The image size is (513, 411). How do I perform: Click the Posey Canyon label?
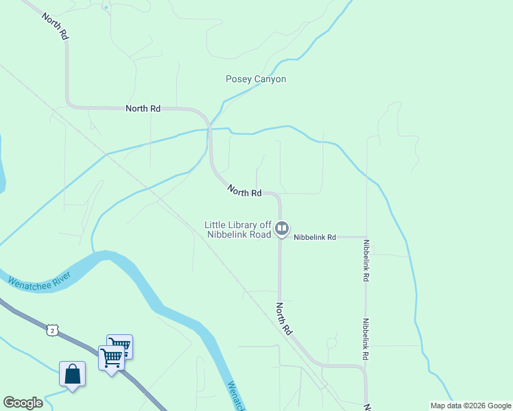256,79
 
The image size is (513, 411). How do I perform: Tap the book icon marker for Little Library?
282,229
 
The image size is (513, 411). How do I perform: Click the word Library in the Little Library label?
242,225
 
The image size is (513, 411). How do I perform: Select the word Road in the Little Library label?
259,234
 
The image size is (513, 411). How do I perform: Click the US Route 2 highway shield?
52,330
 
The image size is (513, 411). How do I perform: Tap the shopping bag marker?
72,375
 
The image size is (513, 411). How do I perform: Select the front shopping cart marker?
111,357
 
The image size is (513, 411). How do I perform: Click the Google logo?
23,403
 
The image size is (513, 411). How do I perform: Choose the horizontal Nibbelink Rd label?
315,237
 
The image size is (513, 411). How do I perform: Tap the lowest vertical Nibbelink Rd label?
366,340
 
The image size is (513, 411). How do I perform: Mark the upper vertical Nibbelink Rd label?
366,261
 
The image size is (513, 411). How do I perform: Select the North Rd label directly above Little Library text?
245,192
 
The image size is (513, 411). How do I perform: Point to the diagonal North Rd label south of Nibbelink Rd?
285,319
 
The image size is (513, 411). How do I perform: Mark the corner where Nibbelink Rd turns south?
366,237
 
